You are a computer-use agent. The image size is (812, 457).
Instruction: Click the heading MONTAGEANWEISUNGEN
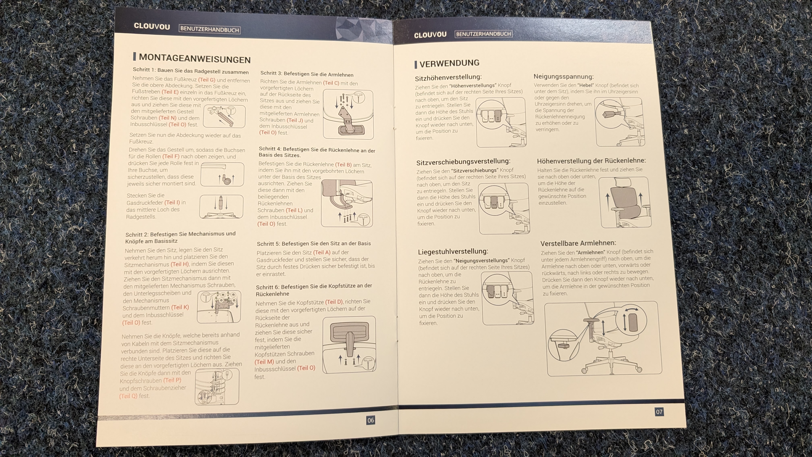(195, 59)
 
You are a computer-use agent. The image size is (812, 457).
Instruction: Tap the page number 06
(370, 420)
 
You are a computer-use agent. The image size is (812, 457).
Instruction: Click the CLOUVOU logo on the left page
(152, 26)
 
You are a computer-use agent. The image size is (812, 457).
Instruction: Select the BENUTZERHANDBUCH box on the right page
(483, 34)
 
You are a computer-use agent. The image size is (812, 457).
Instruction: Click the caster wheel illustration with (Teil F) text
(222, 174)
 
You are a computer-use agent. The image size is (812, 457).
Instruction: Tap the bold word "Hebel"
(586, 85)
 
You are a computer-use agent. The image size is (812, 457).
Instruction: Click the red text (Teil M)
(264, 362)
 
